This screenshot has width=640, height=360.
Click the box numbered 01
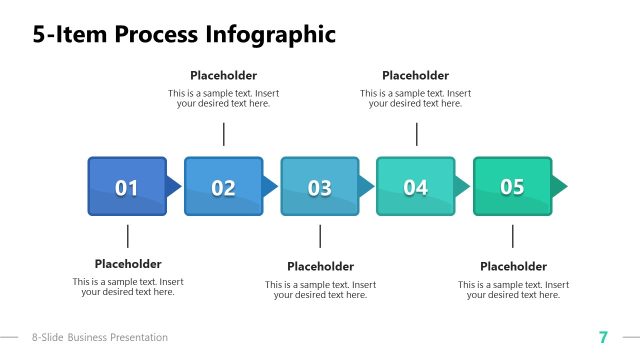point(127,186)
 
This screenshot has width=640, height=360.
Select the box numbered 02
point(223,186)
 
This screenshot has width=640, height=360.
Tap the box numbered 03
point(319,186)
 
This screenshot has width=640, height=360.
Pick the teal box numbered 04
point(415,186)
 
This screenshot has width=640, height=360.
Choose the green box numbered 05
point(512,186)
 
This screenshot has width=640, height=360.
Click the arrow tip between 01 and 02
point(174,186)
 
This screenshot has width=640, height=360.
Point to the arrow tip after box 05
point(560,186)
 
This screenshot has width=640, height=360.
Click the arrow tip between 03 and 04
point(366,186)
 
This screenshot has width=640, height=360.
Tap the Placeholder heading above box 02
point(223,75)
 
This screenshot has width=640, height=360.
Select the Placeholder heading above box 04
point(415,75)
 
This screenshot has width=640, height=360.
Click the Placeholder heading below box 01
point(128,264)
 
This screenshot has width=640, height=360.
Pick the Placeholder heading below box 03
point(320,266)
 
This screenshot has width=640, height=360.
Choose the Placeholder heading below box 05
point(513,266)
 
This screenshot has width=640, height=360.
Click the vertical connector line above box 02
point(224,134)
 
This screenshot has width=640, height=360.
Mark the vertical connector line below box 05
point(513,236)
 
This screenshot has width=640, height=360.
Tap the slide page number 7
point(603,337)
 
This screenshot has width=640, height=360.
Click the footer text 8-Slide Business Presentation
point(100,338)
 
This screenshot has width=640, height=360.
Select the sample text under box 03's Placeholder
point(320,290)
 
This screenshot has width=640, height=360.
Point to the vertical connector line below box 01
point(128,236)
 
